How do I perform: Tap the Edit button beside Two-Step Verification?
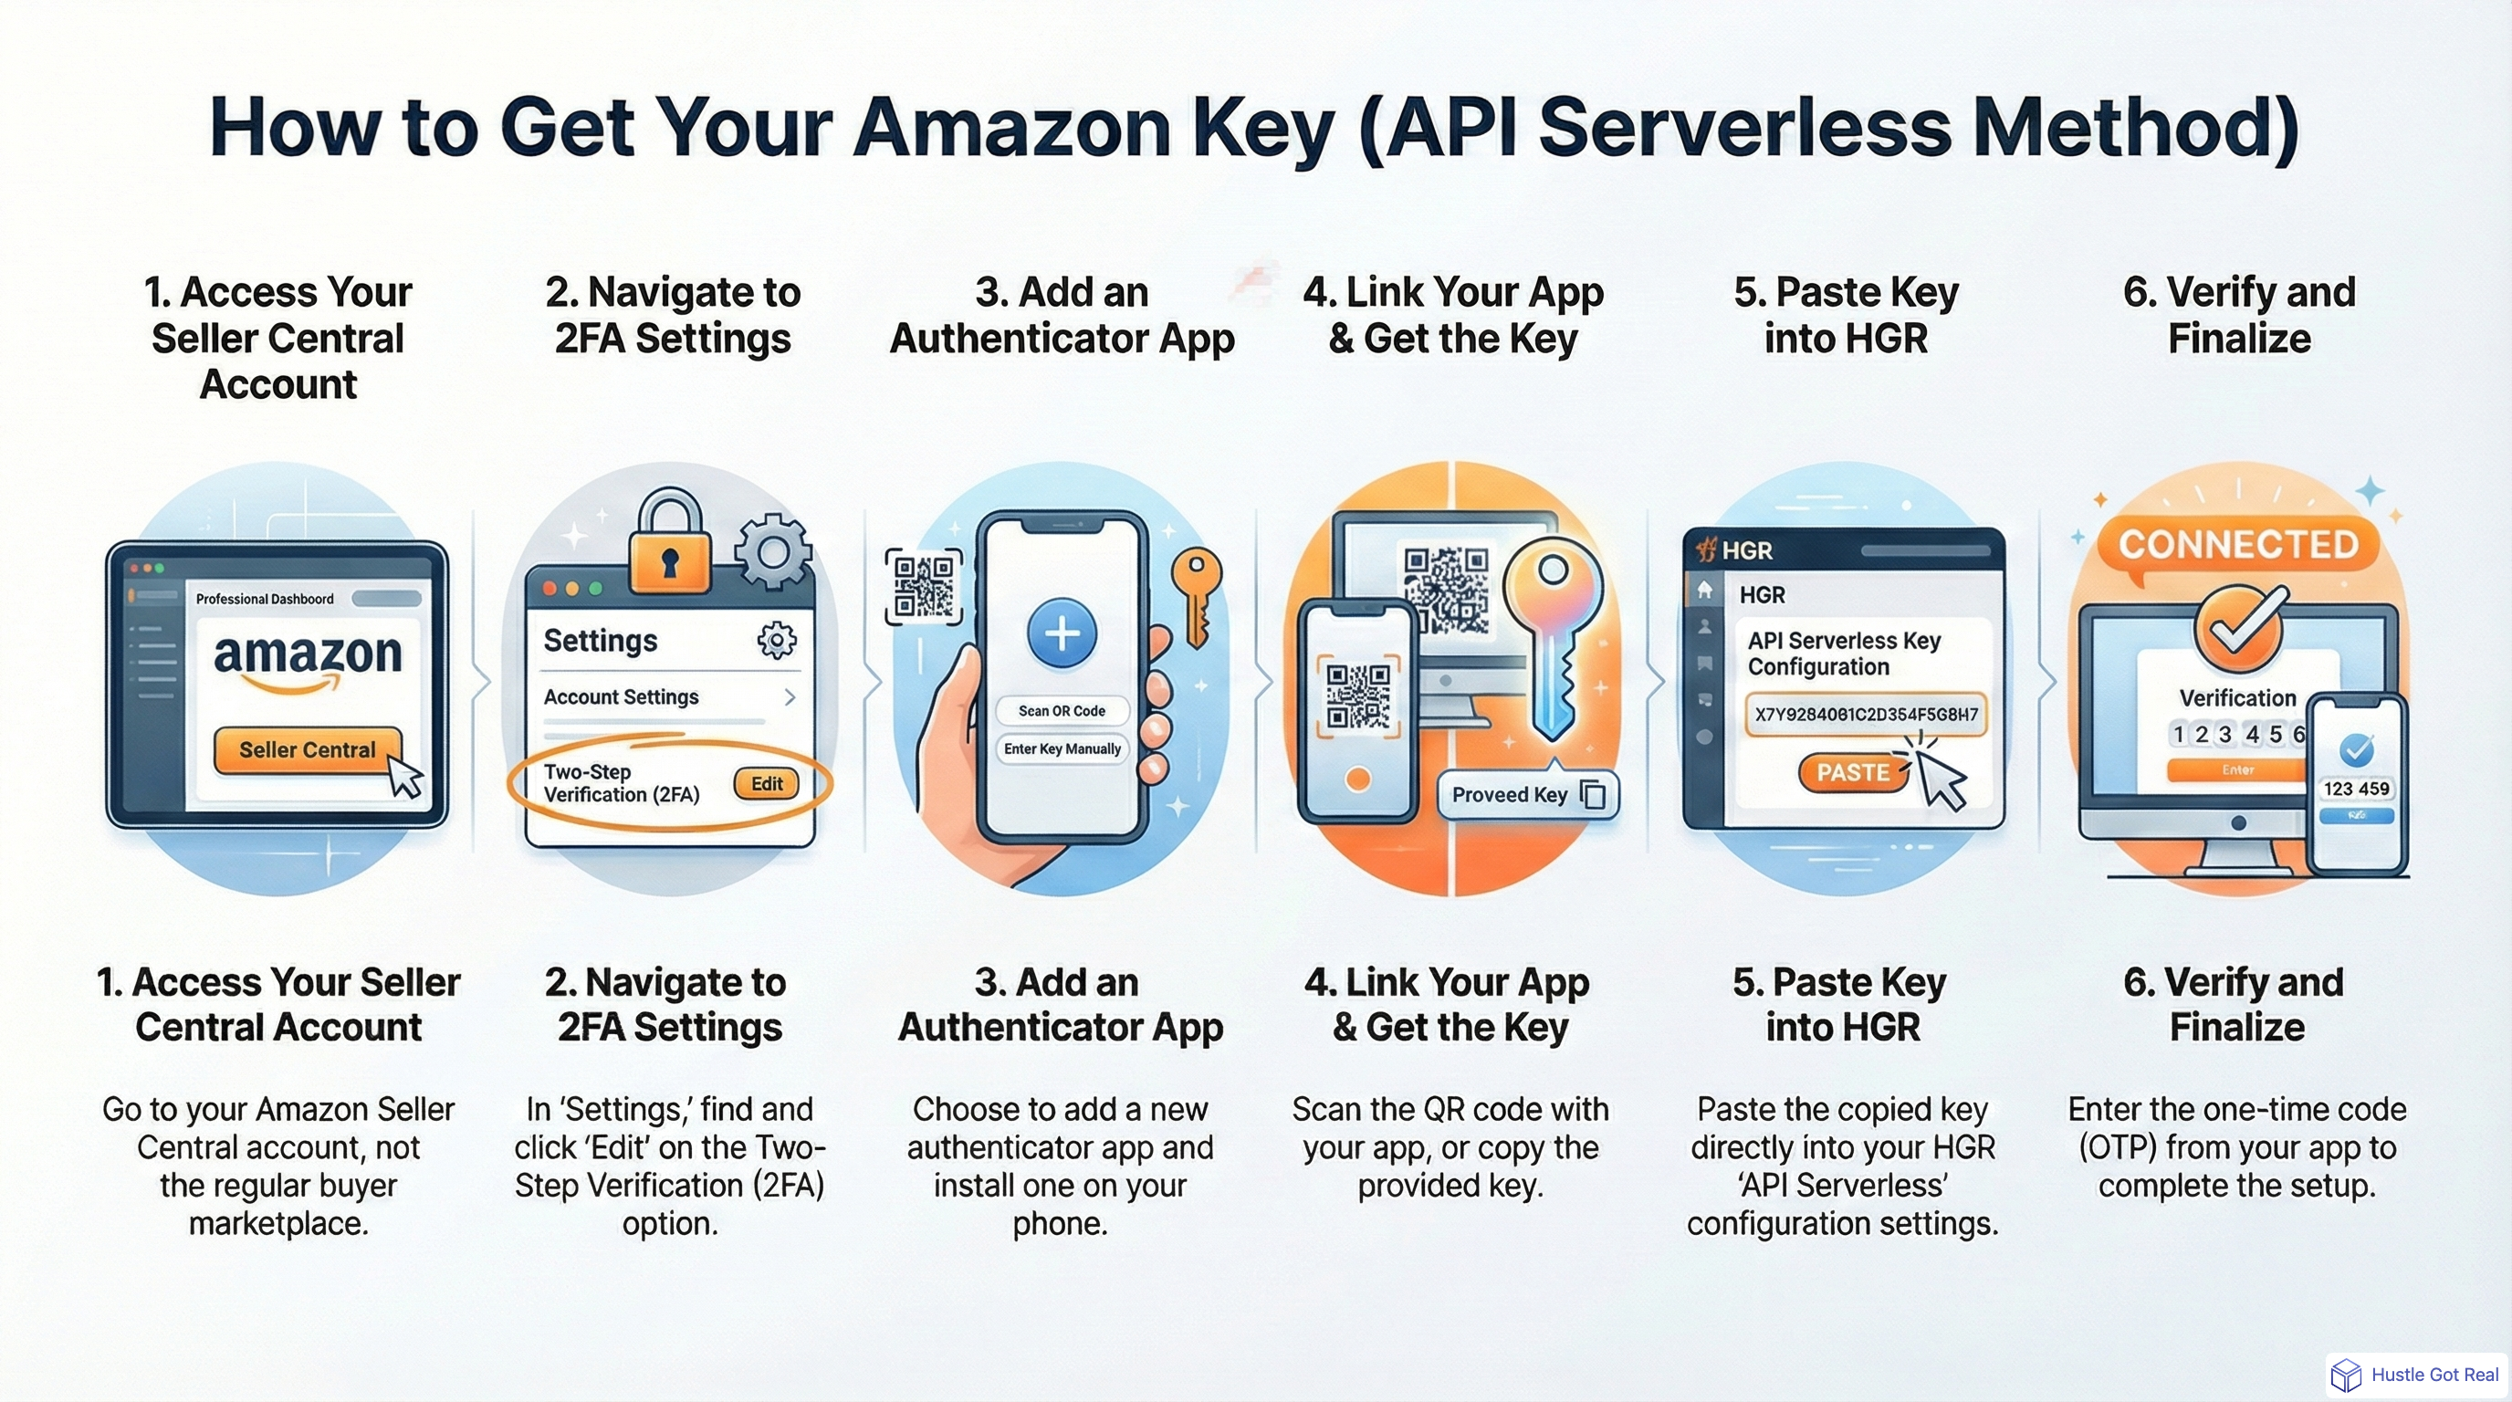point(766,784)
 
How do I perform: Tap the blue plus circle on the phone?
point(1061,633)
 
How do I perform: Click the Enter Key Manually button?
point(1062,748)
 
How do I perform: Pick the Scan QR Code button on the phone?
point(1062,711)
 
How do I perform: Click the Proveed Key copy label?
point(1526,795)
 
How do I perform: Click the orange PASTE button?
point(1852,772)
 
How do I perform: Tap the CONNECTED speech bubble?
point(2237,545)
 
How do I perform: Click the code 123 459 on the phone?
point(2356,789)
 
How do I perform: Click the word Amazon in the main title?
point(1010,128)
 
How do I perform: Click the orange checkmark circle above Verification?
point(2239,628)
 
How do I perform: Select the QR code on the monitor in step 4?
point(1445,590)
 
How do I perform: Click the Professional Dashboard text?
point(265,599)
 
